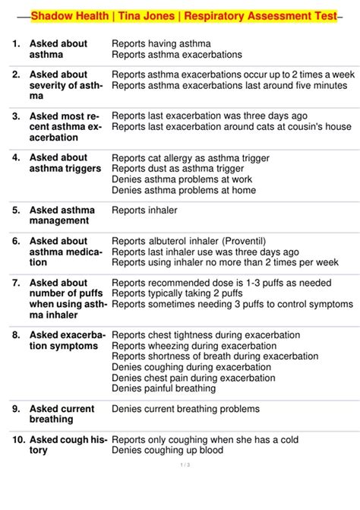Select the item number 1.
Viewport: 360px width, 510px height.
point(17,44)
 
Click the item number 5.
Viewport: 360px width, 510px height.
point(17,210)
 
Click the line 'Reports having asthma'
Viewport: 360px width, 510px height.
point(161,44)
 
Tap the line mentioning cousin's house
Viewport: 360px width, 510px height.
point(232,127)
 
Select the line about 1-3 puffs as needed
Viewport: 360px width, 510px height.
point(221,283)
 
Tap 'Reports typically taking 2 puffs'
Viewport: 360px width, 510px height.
point(188,293)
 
